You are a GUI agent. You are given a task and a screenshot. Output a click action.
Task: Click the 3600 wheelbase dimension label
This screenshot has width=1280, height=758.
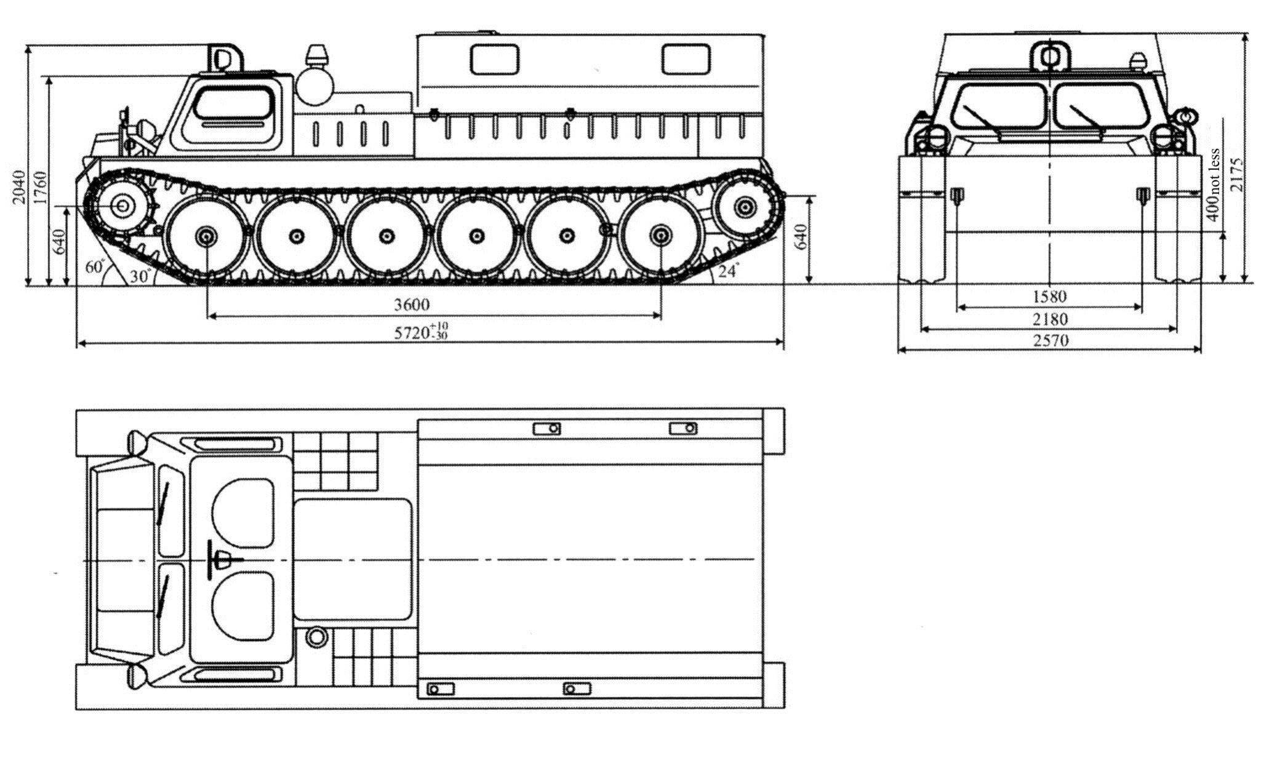(412, 304)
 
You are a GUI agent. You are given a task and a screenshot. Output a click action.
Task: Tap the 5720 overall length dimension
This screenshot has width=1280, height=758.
(422, 332)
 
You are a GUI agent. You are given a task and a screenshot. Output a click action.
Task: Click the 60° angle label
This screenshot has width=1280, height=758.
(96, 268)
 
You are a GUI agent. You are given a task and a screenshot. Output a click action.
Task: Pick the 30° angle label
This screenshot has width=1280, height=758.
(140, 277)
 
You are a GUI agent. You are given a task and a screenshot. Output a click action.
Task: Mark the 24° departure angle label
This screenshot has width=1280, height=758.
(728, 271)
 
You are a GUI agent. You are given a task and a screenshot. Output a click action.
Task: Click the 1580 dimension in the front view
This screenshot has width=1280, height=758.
(1049, 297)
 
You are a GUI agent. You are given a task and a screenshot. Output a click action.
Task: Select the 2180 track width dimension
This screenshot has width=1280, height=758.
(1050, 319)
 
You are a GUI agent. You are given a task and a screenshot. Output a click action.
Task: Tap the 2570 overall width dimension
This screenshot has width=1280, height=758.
(1050, 340)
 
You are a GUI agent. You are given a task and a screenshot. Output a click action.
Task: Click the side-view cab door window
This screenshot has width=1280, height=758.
(234, 103)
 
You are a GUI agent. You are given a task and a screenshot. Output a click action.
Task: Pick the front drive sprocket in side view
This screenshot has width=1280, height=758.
(122, 205)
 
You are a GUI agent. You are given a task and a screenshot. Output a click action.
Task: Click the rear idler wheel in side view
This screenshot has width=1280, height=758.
(745, 206)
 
